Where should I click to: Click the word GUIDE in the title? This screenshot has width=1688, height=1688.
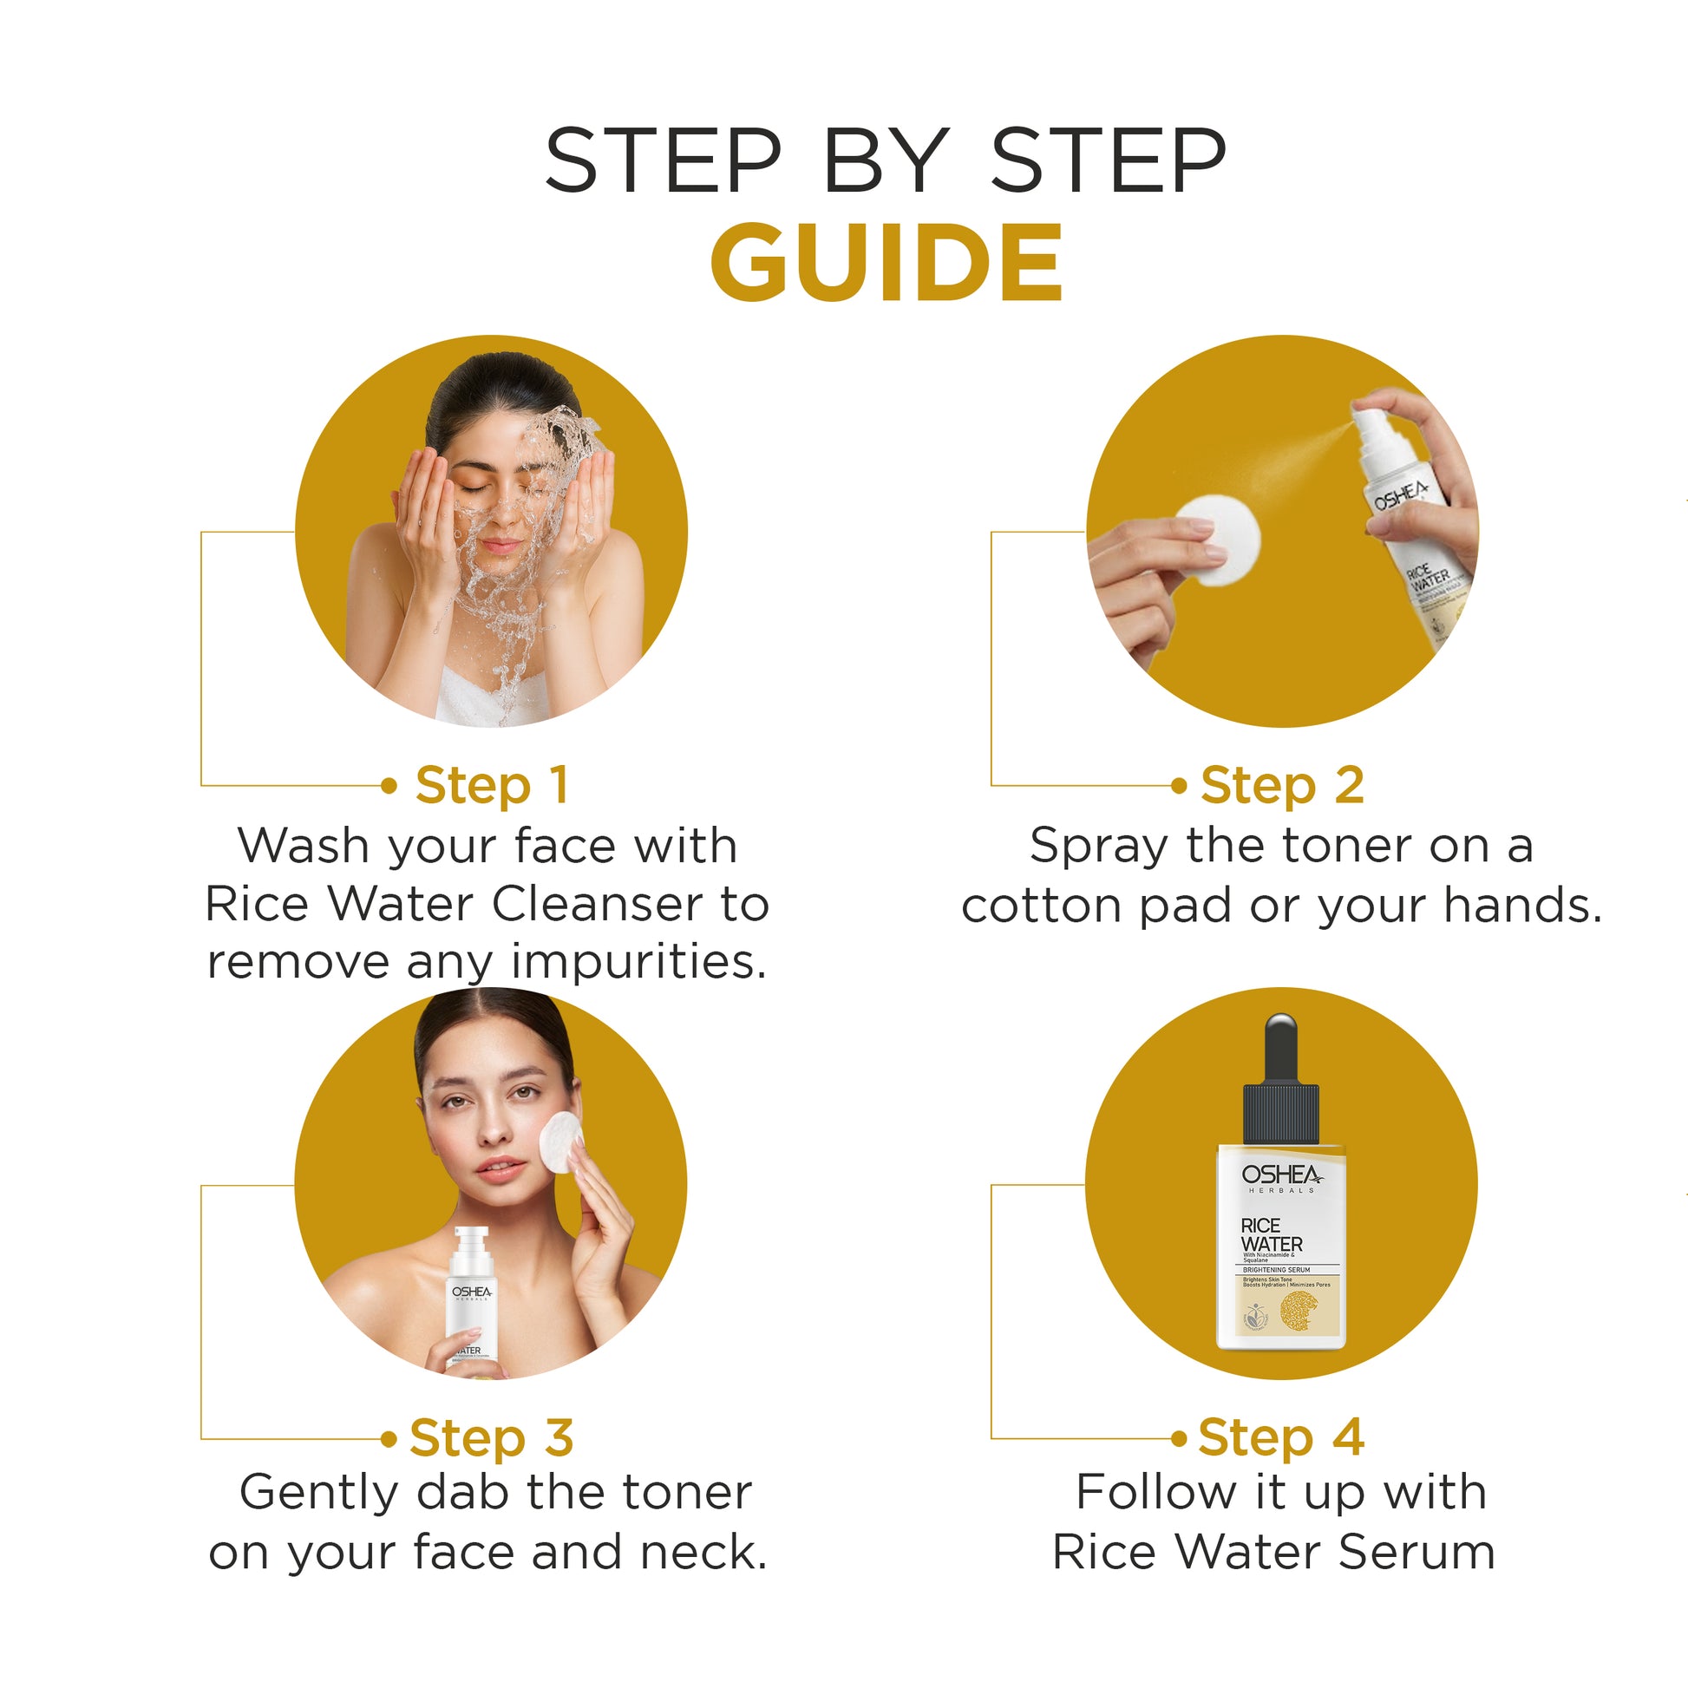click(886, 263)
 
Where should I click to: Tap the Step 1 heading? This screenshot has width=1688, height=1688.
click(492, 785)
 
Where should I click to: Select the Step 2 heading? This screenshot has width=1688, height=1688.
click(1281, 785)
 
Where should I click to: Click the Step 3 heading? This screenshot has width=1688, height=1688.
click(491, 1437)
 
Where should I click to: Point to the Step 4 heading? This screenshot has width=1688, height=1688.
click(1280, 1437)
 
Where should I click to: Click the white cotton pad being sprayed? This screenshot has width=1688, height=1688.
click(1217, 540)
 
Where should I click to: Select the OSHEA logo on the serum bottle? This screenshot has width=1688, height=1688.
click(1281, 1175)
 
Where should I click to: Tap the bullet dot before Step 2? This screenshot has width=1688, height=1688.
click(1179, 786)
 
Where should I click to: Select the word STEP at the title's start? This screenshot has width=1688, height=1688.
click(662, 160)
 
